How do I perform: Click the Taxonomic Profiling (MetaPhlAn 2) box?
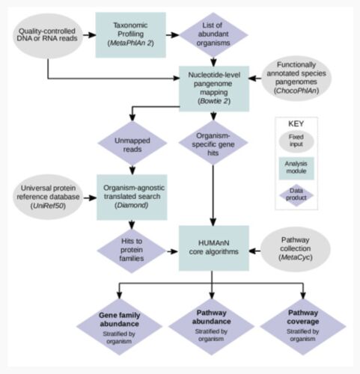click(130, 35)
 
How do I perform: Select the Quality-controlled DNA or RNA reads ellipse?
click(48, 36)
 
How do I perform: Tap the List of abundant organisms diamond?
click(213, 34)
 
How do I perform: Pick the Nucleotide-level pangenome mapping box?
click(214, 88)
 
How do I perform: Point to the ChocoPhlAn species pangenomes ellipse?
click(296, 78)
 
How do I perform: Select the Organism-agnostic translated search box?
click(132, 197)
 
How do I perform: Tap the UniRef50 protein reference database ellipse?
click(48, 197)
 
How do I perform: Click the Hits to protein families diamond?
click(132, 251)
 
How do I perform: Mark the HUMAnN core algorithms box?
click(214, 248)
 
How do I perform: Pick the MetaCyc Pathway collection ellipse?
click(296, 249)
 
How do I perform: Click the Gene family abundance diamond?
click(119, 327)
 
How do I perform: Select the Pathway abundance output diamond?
click(211, 326)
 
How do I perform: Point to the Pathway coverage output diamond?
click(303, 326)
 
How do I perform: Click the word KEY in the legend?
click(296, 123)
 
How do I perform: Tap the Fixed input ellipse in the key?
click(296, 141)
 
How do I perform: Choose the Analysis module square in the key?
click(296, 168)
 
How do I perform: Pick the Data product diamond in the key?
click(296, 195)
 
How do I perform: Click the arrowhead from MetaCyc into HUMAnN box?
click(252, 251)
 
